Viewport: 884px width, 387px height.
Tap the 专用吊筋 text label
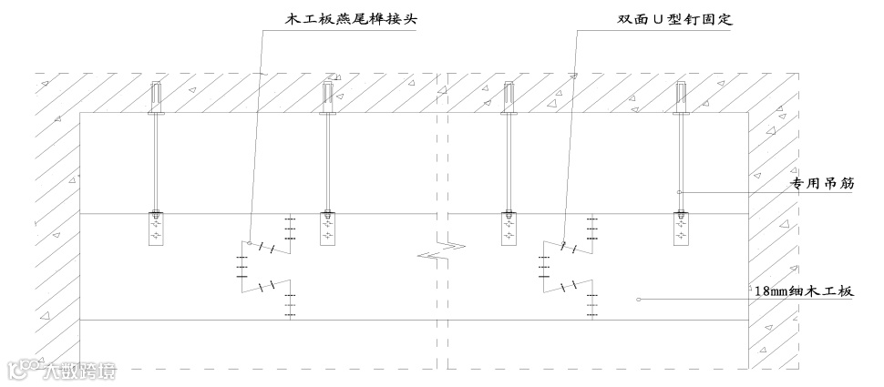coord(824,184)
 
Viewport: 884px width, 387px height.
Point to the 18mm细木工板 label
coord(802,291)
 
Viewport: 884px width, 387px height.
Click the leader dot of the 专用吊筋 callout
coord(680,191)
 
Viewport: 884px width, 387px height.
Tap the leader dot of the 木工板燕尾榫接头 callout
coord(250,242)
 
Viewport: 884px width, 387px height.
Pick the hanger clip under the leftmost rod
coord(157,228)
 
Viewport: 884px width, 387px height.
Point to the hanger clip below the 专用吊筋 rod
coord(681,228)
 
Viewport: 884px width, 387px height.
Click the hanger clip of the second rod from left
coord(326,228)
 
